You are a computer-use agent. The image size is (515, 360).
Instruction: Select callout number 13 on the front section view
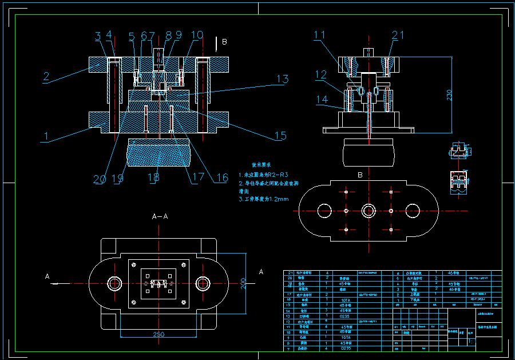282,80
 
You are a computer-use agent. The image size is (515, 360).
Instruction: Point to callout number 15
280,136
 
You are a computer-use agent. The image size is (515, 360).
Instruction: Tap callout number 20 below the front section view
100,179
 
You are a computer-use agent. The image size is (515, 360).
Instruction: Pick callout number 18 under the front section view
153,178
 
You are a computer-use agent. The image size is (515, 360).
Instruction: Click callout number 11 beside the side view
320,35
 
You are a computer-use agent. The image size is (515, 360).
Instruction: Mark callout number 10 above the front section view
197,35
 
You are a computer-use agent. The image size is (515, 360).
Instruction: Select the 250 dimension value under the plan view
159,334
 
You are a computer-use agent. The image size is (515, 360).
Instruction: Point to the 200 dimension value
244,283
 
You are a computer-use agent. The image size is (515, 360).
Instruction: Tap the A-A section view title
160,217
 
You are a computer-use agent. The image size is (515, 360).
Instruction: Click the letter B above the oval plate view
360,175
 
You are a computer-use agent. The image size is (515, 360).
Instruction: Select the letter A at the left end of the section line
47,276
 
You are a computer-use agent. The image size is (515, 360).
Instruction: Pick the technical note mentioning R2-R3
263,174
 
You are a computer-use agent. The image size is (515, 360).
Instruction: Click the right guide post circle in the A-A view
203,283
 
